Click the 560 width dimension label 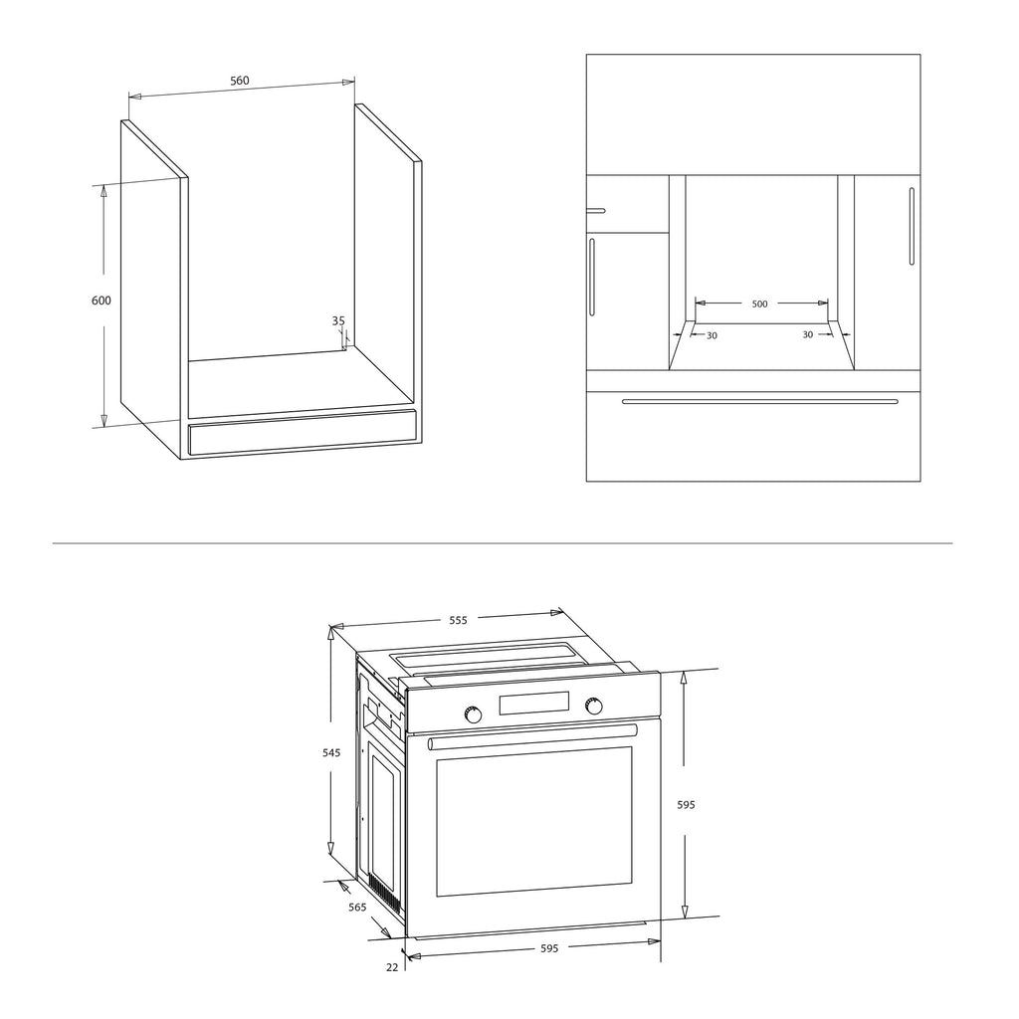click(240, 81)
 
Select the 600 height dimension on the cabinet click(102, 301)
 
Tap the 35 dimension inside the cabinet click(338, 321)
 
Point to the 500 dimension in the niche click(759, 305)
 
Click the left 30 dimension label click(713, 335)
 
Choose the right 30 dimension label click(808, 334)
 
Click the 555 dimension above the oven click(458, 620)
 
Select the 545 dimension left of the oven click(331, 753)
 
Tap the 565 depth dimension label click(357, 908)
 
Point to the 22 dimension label click(392, 967)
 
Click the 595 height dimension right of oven click(687, 804)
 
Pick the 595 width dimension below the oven click(549, 948)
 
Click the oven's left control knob click(474, 714)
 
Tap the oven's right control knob click(593, 706)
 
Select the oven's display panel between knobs click(534, 704)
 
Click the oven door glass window click(534, 821)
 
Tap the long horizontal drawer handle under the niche click(759, 402)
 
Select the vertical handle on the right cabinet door click(912, 226)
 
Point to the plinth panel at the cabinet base click(302, 432)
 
